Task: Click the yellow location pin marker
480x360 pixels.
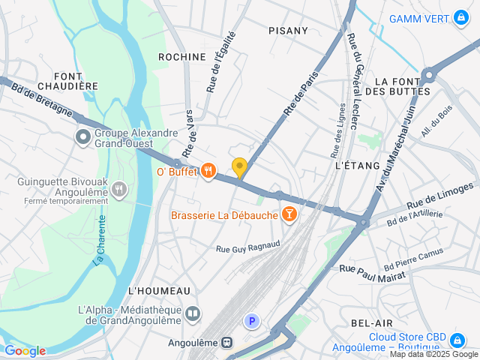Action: pyautogui.click(x=239, y=168)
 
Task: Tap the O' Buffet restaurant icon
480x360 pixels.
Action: pyautogui.click(x=208, y=172)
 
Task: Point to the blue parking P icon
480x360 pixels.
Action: pyautogui.click(x=253, y=322)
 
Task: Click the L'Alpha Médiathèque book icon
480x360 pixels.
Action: pyautogui.click(x=193, y=313)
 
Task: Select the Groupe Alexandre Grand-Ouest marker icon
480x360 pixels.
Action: pyautogui.click(x=82, y=137)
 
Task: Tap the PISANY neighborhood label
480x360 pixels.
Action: pyautogui.click(x=288, y=31)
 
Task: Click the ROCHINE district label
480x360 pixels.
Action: pyautogui.click(x=181, y=57)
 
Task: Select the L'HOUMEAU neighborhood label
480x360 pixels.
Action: pyautogui.click(x=160, y=290)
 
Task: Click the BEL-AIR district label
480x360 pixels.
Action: pyautogui.click(x=372, y=322)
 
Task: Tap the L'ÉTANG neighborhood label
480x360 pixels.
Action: pyautogui.click(x=358, y=165)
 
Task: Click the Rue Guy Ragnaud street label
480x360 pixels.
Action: pyautogui.click(x=247, y=246)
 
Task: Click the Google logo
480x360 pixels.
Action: pyautogui.click(x=25, y=351)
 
